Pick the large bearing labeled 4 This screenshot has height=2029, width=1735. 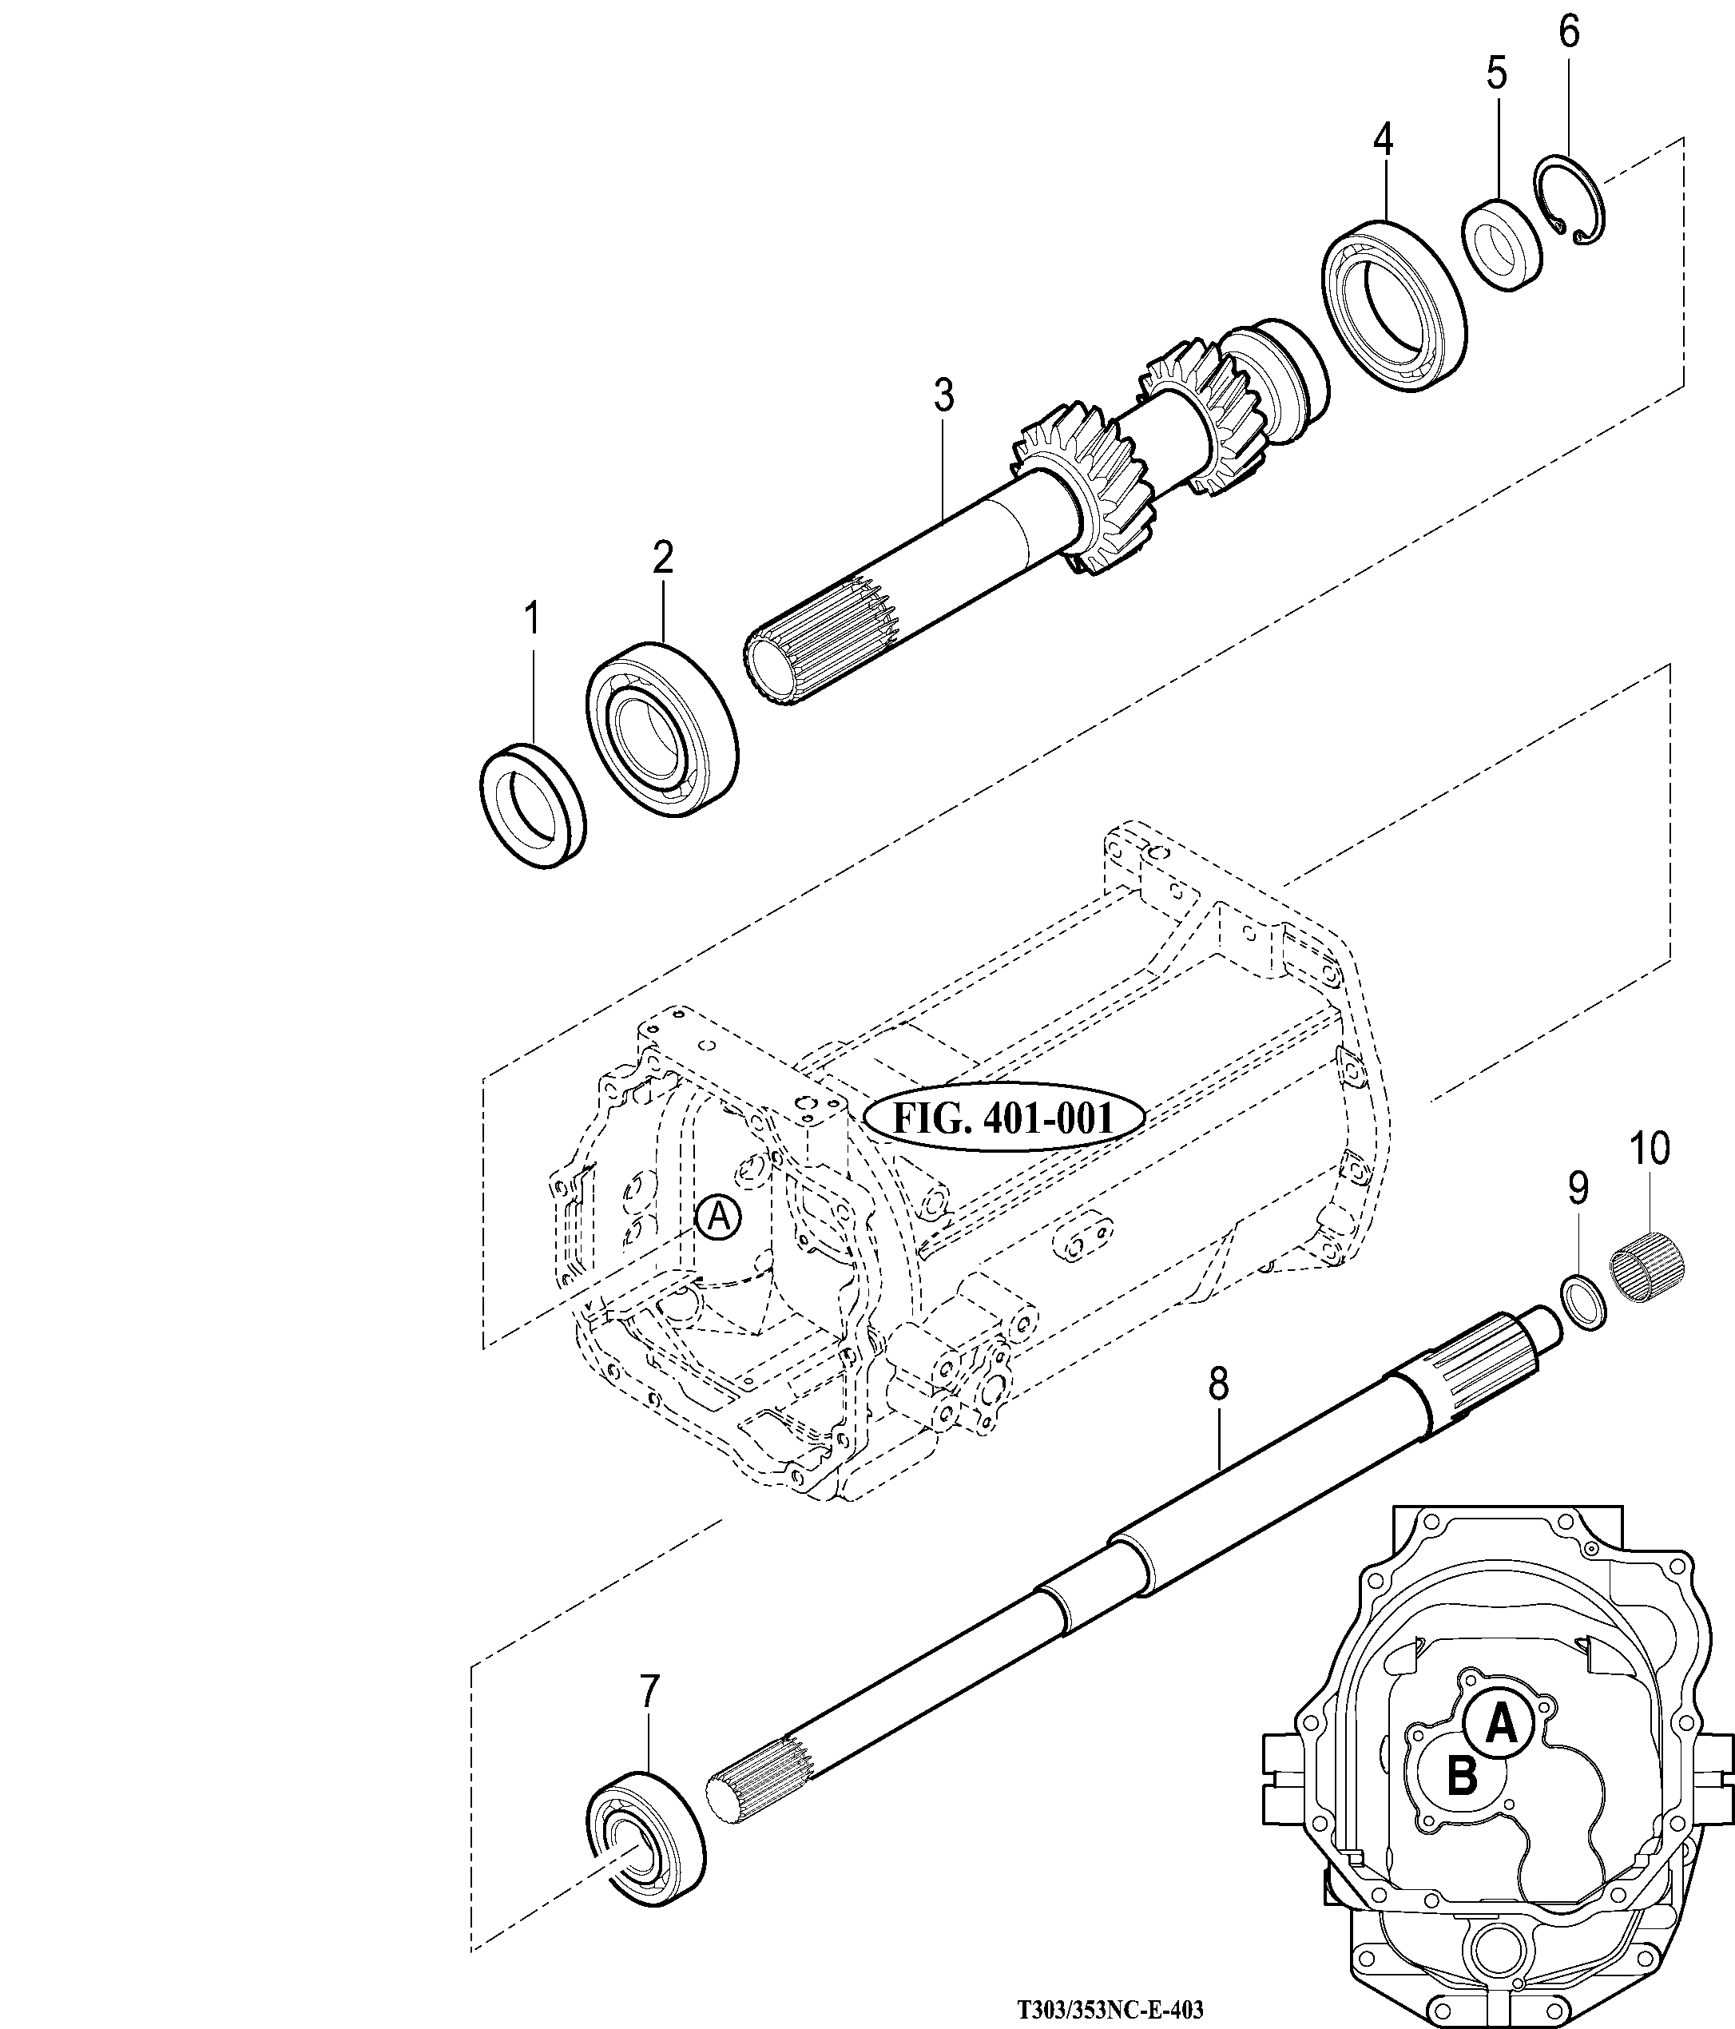pos(1396,308)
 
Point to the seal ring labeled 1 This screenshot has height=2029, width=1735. pos(534,805)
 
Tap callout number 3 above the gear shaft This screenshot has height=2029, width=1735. pos(942,395)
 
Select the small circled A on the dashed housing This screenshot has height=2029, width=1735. pos(719,1217)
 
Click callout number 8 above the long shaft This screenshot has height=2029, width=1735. pos(1218,1384)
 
